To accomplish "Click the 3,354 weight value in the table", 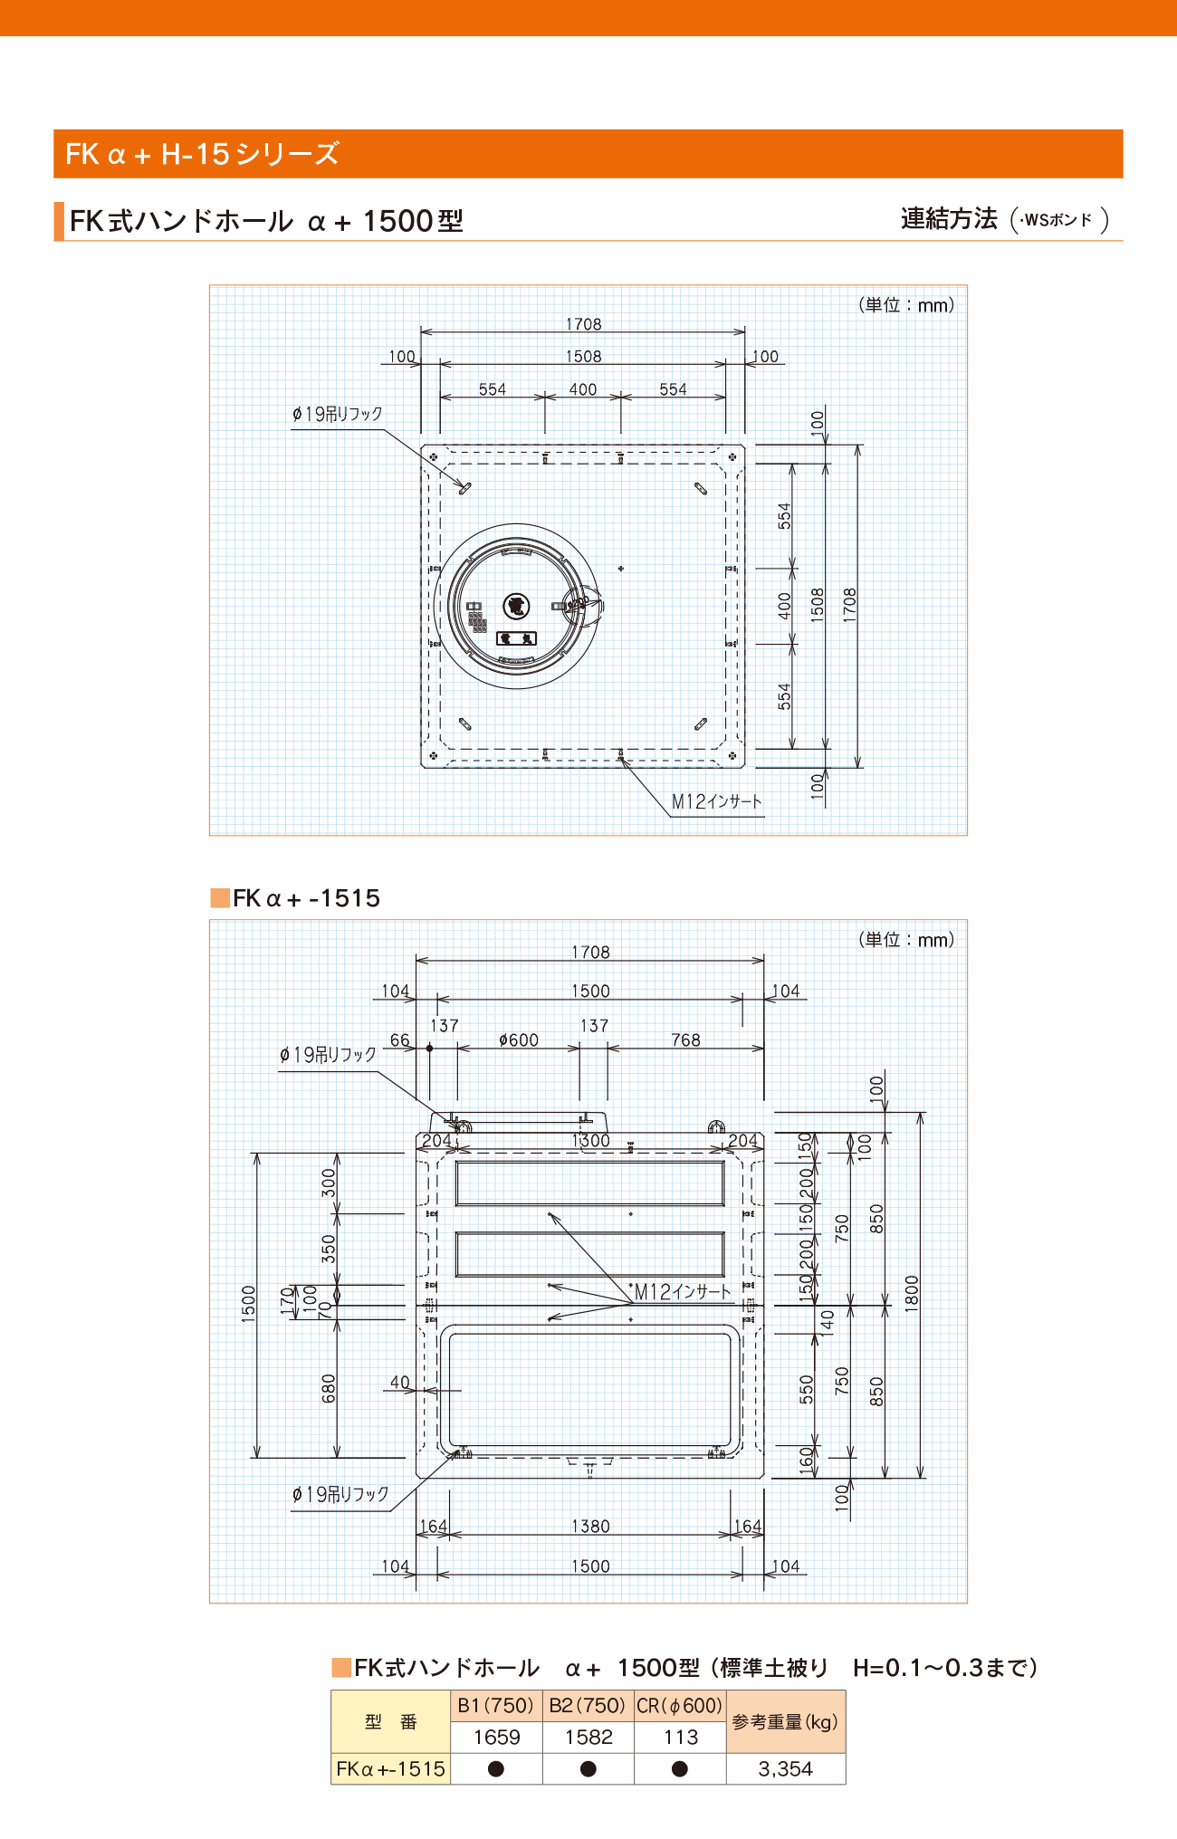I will (785, 1768).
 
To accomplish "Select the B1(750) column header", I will (495, 1706).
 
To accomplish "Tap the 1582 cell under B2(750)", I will (588, 1738).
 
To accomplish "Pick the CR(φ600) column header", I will (680, 1706).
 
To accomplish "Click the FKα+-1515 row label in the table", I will (390, 1768).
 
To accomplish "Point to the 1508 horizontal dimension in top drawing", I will (583, 357).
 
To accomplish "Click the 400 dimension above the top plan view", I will (582, 389).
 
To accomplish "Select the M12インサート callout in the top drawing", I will (716, 801).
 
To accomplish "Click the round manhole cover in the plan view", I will (517, 606).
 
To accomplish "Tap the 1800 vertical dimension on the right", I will (912, 1293).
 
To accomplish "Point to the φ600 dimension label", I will (519, 1040).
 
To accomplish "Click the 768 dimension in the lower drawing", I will (685, 1040).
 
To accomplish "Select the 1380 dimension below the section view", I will (590, 1527).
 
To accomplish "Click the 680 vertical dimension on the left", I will (329, 1388).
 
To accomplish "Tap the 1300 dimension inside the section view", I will (590, 1141).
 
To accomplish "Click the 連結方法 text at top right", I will (949, 218).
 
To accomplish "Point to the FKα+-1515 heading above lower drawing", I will (306, 898).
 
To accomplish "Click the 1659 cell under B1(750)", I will (496, 1738).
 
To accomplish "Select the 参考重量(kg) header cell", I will (785, 1721).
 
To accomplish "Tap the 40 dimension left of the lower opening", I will (400, 1382).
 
